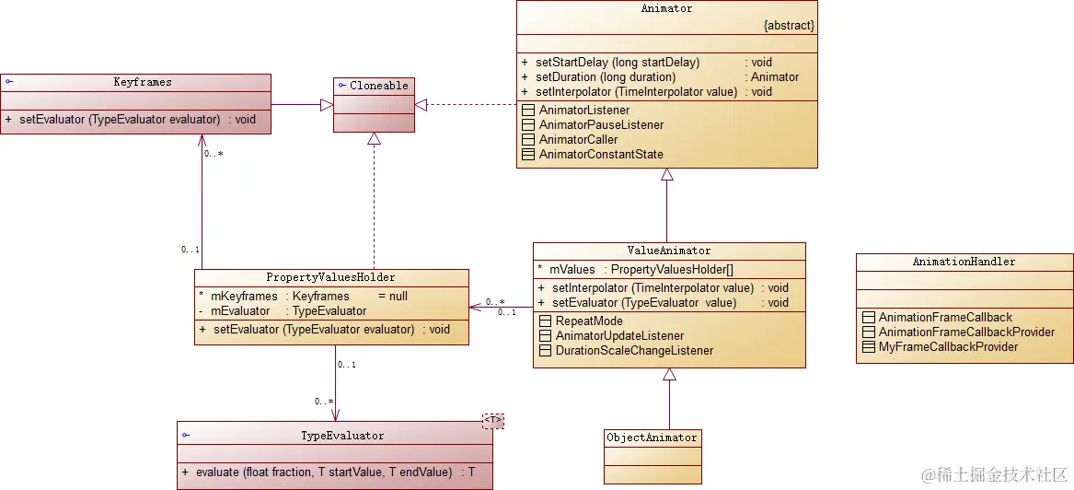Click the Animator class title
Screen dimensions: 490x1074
666,9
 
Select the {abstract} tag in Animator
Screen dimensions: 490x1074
789,26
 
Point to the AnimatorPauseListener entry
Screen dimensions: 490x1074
601,125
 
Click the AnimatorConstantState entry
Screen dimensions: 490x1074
601,155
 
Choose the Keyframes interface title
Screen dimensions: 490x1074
143,82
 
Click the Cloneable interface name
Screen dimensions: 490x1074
378,86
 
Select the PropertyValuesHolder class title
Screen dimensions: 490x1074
330,277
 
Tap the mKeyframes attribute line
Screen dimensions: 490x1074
303,297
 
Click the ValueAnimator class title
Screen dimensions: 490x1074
669,251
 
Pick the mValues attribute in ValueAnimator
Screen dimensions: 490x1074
635,270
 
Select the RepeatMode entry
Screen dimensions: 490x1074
589,321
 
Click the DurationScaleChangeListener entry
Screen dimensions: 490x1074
634,351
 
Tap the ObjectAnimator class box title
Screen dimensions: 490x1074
652,437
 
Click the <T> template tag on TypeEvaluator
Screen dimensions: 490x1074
494,421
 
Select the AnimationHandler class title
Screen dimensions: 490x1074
964,262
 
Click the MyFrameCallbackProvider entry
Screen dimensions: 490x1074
948,347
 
